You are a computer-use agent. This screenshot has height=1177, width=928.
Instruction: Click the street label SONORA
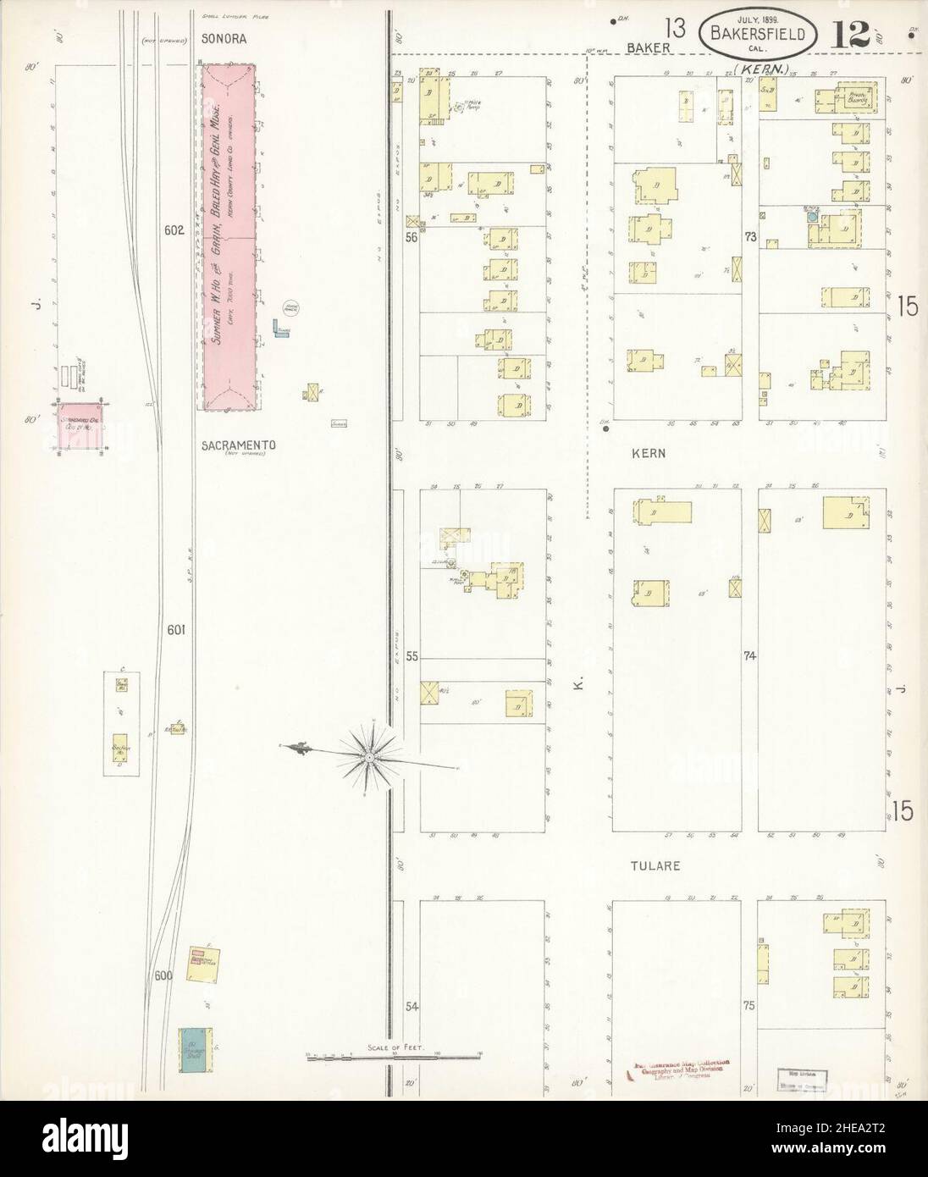pyautogui.click(x=224, y=39)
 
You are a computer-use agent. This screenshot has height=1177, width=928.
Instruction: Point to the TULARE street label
pyautogui.click(x=655, y=866)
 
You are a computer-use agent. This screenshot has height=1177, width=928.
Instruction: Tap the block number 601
pyautogui.click(x=176, y=629)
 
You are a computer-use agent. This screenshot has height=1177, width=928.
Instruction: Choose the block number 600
pyautogui.click(x=163, y=975)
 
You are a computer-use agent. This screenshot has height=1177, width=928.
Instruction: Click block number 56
pyautogui.click(x=412, y=238)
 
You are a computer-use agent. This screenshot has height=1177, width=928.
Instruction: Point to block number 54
pyautogui.click(x=412, y=1007)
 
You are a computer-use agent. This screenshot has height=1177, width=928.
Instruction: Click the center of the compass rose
pyautogui.click(x=370, y=753)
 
